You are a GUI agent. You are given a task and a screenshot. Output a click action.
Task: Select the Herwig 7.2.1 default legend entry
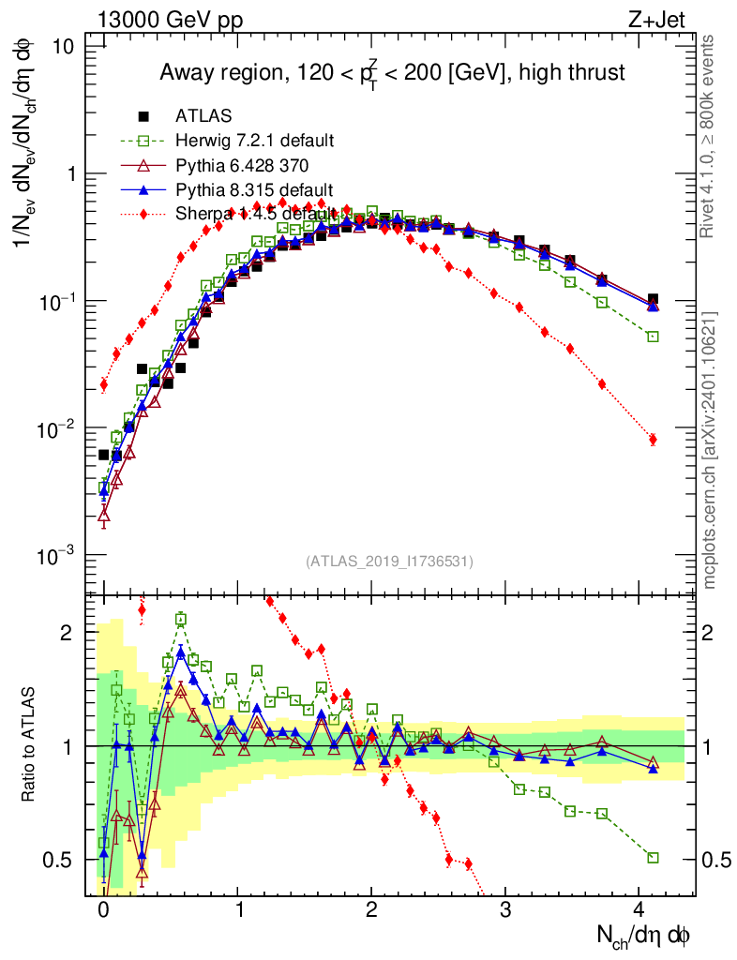point(254,141)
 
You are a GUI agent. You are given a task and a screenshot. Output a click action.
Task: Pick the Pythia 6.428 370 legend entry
point(242,165)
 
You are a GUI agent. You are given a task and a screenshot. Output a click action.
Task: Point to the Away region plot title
point(392,72)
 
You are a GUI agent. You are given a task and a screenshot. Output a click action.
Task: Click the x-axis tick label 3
point(505,909)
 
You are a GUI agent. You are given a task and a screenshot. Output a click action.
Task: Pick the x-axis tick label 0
point(103,909)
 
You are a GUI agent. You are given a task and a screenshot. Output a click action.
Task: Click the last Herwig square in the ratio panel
point(653,857)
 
